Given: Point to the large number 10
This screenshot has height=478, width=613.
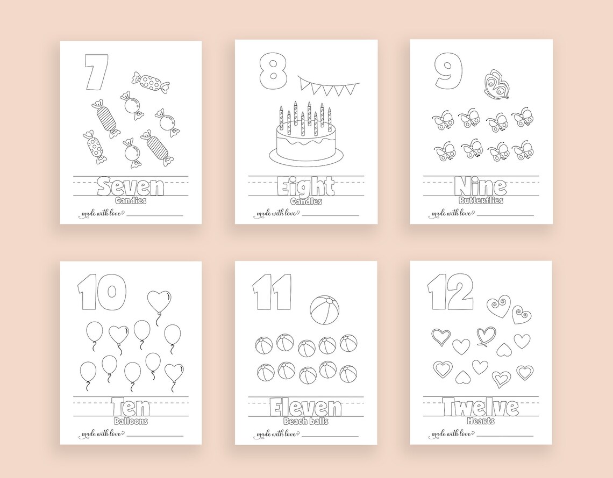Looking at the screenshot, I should click(98, 293).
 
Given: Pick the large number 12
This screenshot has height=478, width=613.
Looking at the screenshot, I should click(451, 293).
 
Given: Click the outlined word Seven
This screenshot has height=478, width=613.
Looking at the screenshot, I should click(130, 187).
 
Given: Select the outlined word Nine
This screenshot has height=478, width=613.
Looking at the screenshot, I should click(480, 187).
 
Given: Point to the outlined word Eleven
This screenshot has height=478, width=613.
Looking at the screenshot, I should click(305, 408).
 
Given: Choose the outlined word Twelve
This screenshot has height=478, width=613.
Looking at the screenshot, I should click(480, 408).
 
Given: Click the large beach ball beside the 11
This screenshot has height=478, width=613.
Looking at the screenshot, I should click(324, 310).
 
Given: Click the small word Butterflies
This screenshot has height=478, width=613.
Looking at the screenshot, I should click(481, 200).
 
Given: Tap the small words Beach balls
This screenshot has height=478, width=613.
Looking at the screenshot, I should click(305, 421).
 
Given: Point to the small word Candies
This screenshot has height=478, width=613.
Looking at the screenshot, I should click(130, 201).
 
